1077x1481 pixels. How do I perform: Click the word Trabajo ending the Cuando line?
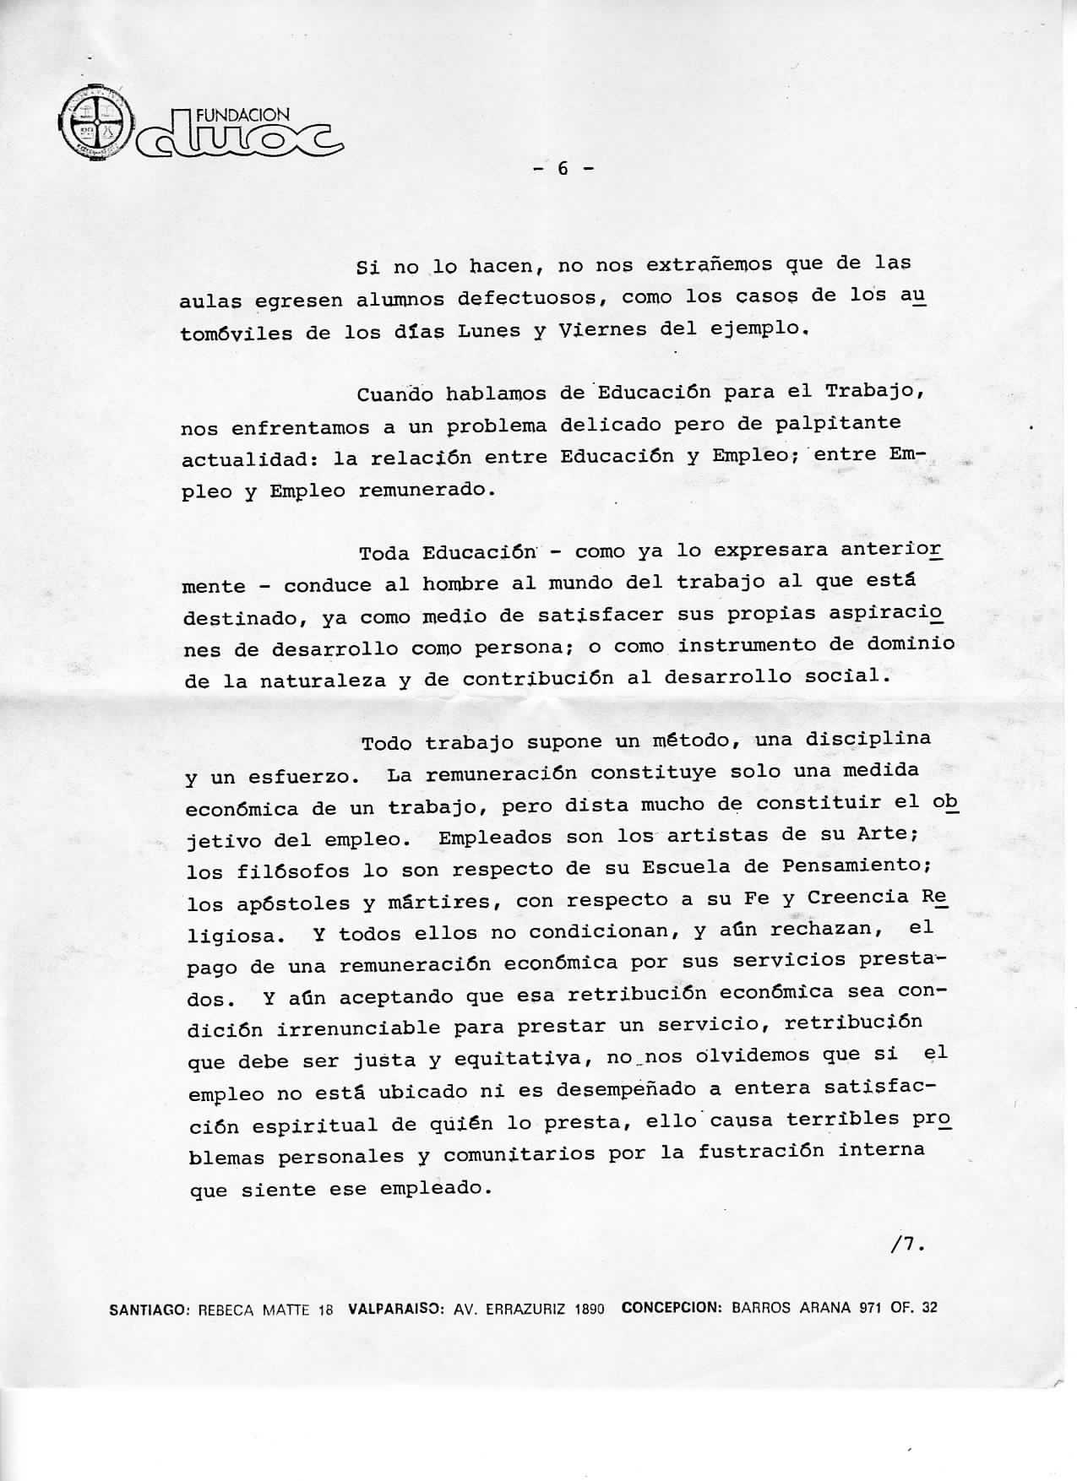(876, 392)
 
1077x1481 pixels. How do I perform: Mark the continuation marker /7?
(907, 1244)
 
